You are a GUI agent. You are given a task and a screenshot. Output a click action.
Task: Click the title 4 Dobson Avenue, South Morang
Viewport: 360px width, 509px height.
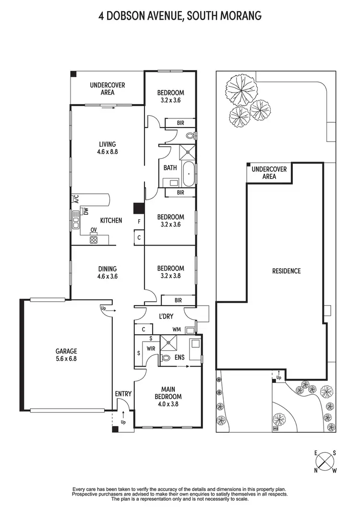point(180,16)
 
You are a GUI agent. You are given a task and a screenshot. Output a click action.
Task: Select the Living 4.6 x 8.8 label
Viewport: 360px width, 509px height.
point(108,147)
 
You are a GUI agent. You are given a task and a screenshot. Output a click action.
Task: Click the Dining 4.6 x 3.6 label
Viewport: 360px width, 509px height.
point(108,272)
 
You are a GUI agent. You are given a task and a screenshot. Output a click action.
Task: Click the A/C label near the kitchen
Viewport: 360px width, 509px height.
point(76,198)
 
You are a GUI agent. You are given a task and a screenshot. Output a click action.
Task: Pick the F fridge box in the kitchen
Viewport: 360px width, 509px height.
point(139,222)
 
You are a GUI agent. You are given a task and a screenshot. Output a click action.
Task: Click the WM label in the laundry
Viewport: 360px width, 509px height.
point(177,330)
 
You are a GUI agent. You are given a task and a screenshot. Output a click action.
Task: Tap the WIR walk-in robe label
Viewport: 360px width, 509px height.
point(150,349)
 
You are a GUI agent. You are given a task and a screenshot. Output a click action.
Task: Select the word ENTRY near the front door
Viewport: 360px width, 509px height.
point(123,394)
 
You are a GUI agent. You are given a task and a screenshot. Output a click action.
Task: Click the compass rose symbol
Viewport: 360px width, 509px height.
point(325,462)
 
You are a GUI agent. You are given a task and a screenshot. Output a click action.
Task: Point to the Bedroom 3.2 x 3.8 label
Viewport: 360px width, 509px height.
point(170,272)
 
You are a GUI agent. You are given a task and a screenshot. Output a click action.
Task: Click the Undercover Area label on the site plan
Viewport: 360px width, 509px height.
point(269,173)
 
